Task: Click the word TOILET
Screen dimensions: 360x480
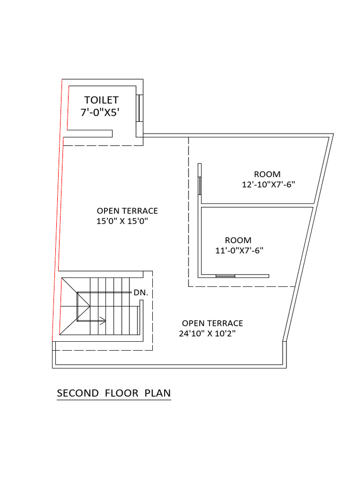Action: click(101, 100)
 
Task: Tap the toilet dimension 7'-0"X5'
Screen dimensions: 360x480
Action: click(100, 112)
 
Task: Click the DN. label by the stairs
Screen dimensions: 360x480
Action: click(141, 292)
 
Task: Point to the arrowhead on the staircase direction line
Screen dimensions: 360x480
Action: click(103, 321)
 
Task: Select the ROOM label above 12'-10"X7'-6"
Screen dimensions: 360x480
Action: click(267, 174)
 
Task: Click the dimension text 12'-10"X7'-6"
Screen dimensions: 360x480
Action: click(269, 184)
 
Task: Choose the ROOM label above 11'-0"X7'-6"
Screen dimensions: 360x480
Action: click(238, 240)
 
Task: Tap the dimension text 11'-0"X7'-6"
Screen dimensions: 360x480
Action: click(240, 250)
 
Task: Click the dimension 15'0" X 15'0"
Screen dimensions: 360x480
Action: click(122, 221)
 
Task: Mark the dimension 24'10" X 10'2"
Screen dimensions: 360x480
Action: click(207, 333)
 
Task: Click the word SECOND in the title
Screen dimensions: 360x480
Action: click(78, 393)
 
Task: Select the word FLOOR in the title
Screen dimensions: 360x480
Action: click(121, 393)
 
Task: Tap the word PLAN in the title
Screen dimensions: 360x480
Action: click(157, 393)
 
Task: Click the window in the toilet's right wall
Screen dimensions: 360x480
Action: click(140, 108)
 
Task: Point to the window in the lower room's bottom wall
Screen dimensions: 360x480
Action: click(225, 276)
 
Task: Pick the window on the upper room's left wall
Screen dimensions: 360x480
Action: click(200, 186)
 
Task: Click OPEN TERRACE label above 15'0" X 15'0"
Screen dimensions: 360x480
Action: click(127, 211)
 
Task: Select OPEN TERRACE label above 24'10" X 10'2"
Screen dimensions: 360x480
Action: click(212, 323)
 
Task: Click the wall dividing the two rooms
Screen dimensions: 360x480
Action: click(257, 205)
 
